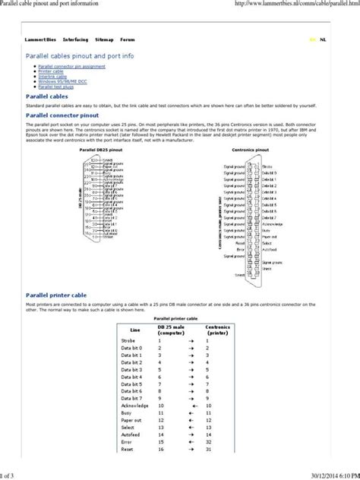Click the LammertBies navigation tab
[x=40, y=39]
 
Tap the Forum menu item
[x=128, y=39]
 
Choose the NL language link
[x=324, y=39]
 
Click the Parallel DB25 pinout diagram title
[x=99, y=150]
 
